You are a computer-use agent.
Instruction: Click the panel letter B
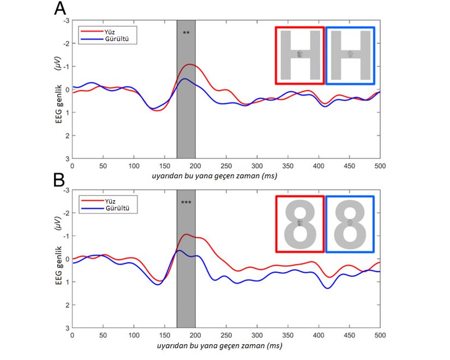pyautogui.click(x=60, y=181)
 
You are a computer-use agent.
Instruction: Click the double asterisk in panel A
pyautogui.click(x=186, y=33)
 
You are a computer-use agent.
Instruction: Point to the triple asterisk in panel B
pyautogui.click(x=186, y=203)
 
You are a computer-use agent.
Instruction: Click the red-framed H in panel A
pyautogui.click(x=299, y=56)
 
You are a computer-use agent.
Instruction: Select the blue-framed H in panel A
pyautogui.click(x=350, y=56)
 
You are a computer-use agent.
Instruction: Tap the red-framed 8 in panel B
pyautogui.click(x=299, y=224)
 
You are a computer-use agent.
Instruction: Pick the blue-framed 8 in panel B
pyautogui.click(x=350, y=224)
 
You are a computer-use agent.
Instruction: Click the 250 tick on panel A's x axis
pyautogui.click(x=226, y=165)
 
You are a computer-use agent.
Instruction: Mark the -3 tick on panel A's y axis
pyautogui.click(x=67, y=21)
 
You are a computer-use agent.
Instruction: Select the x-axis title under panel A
pyautogui.click(x=226, y=176)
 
